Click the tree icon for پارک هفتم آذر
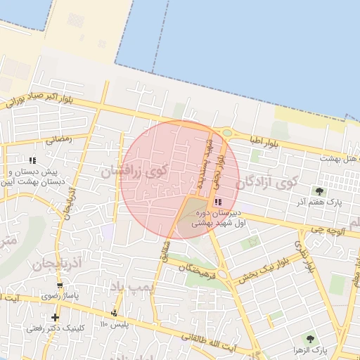click(x=320, y=191)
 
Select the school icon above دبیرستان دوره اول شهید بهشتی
click(x=216, y=202)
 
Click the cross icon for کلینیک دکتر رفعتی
click(x=55, y=317)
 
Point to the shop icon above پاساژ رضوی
click(x=60, y=285)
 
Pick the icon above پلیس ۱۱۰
click(x=115, y=312)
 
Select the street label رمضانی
click(x=58, y=139)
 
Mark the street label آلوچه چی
click(x=326, y=229)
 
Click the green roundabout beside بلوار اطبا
click(x=226, y=132)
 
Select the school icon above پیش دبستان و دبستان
click(x=33, y=160)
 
